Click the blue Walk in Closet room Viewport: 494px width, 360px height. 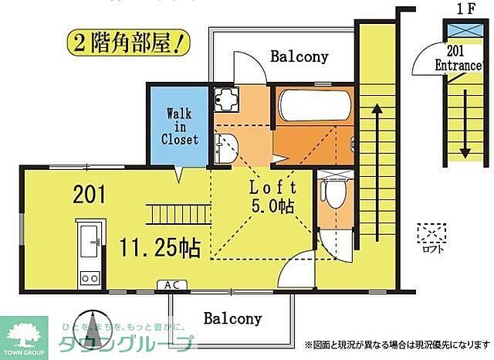click(x=178, y=125)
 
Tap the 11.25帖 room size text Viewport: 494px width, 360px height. click(x=160, y=247)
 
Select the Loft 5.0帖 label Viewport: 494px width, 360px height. click(x=272, y=196)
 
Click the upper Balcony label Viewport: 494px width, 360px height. click(x=299, y=56)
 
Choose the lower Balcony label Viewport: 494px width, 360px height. click(x=232, y=318)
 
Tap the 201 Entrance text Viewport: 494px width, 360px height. click(x=458, y=59)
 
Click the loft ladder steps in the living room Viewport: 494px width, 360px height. click(x=179, y=210)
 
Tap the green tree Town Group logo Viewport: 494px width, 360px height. click(x=25, y=332)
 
